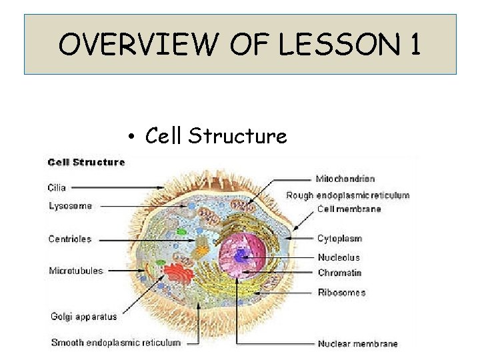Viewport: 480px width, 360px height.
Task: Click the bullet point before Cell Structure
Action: pyautogui.click(x=133, y=137)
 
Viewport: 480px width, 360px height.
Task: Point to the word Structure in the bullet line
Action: pyautogui.click(x=237, y=136)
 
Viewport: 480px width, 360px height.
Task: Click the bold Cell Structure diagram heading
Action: pyautogui.click(x=86, y=162)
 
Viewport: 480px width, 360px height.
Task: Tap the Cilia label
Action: pyautogui.click(x=57, y=187)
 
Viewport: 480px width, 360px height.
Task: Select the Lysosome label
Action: pyautogui.click(x=70, y=206)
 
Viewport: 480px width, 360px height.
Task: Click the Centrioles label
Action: pyautogui.click(x=70, y=239)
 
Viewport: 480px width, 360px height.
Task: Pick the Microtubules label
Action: pyautogui.click(x=75, y=271)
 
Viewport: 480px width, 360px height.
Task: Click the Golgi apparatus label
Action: pyautogui.click(x=83, y=316)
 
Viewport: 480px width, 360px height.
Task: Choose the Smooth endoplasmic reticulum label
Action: pyautogui.click(x=116, y=343)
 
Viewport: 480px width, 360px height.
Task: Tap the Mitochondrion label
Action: pyautogui.click(x=345, y=179)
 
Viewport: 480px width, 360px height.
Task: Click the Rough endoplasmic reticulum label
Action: pyautogui.click(x=347, y=195)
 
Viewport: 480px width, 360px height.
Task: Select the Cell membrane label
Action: pyautogui.click(x=349, y=209)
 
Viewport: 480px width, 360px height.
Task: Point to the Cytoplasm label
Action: pyautogui.click(x=340, y=239)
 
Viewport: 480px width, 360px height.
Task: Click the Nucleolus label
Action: pyautogui.click(x=339, y=257)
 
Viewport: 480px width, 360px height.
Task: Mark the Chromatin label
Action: pyautogui.click(x=339, y=273)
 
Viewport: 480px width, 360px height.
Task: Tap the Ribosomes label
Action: pyautogui.click(x=341, y=292)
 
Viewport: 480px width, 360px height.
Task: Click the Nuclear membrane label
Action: pyautogui.click(x=357, y=344)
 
